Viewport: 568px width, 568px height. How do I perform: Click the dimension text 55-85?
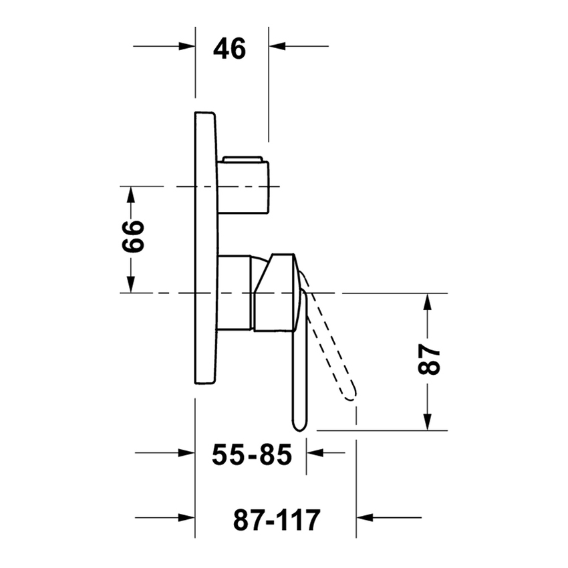252,456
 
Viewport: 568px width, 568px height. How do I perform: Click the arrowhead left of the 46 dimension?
186,46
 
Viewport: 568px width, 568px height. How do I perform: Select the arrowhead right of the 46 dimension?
277,46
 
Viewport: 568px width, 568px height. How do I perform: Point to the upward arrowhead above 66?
132,194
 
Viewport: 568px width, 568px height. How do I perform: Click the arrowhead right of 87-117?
366,517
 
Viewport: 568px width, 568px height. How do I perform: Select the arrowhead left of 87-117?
186,517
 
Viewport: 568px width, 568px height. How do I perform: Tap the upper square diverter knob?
243,185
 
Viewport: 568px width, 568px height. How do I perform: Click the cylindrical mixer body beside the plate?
235,292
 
